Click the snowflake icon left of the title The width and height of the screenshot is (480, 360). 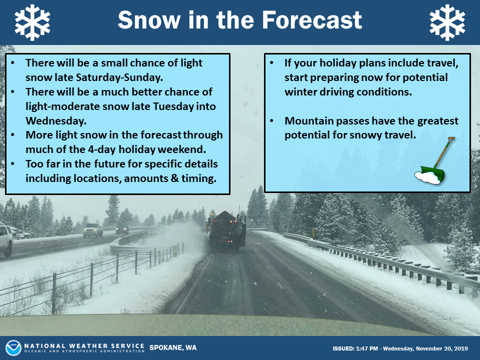(32, 22)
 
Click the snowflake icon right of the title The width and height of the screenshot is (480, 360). (447, 22)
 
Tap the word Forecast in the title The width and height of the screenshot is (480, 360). (312, 20)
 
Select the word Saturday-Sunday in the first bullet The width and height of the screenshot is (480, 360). (119, 77)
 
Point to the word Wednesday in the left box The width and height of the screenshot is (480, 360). (56, 121)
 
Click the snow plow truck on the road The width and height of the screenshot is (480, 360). (227, 231)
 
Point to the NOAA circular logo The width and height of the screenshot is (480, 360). (13, 348)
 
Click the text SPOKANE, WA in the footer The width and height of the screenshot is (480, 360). (173, 348)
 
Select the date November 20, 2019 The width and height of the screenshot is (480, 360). (441, 348)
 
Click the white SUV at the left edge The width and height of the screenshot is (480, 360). (6, 240)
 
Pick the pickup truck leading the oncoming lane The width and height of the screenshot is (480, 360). (93, 230)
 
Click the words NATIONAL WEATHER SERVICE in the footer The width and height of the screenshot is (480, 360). (84, 346)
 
